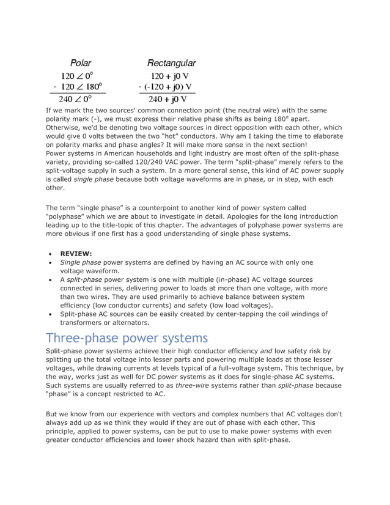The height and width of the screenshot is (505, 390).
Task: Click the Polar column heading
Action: [81, 63]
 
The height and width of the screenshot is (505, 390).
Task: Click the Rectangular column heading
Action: [171, 63]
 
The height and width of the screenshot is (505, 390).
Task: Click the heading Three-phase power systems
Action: [127, 338]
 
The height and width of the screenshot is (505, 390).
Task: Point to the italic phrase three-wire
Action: [192, 386]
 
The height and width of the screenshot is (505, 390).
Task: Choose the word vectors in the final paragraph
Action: [199, 414]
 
